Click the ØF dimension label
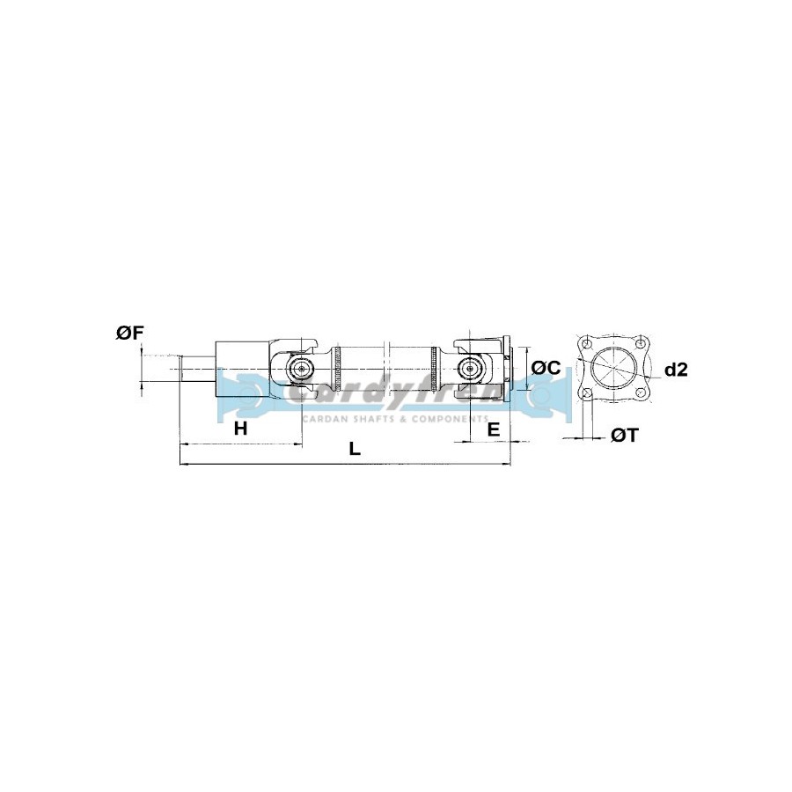click(130, 334)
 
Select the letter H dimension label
click(241, 429)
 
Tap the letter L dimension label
click(356, 449)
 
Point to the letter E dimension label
click(494, 429)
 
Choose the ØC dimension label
click(546, 368)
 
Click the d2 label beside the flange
click(676, 370)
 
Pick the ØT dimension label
click(625, 435)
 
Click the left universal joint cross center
click(302, 369)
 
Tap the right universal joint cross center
click(470, 369)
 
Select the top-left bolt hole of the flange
click(586, 343)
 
